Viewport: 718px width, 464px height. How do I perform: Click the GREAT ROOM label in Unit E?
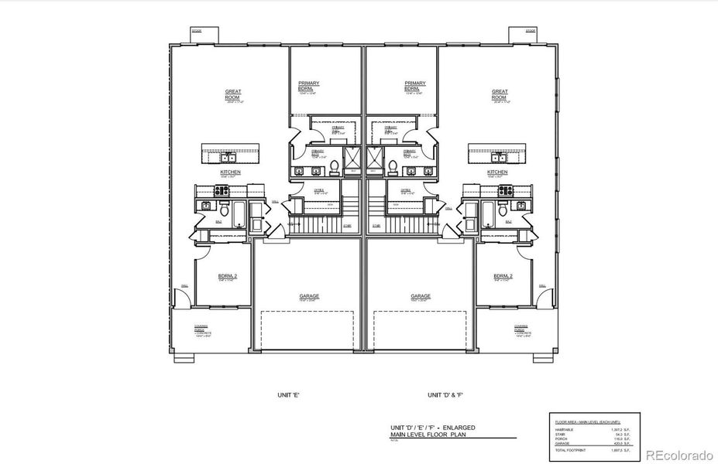[x=232, y=94]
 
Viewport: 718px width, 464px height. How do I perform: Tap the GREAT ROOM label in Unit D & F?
[x=500, y=94]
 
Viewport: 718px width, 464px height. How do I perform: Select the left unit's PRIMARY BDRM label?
[x=308, y=86]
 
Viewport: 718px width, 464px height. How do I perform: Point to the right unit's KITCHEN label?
[x=497, y=172]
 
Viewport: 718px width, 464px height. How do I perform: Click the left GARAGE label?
[x=310, y=295]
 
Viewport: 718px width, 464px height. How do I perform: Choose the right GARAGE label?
[x=421, y=295]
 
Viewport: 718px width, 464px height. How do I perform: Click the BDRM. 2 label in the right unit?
[x=503, y=276]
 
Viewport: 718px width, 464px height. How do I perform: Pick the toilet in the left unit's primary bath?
[x=335, y=165]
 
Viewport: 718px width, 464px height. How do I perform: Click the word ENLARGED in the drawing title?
[x=458, y=427]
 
